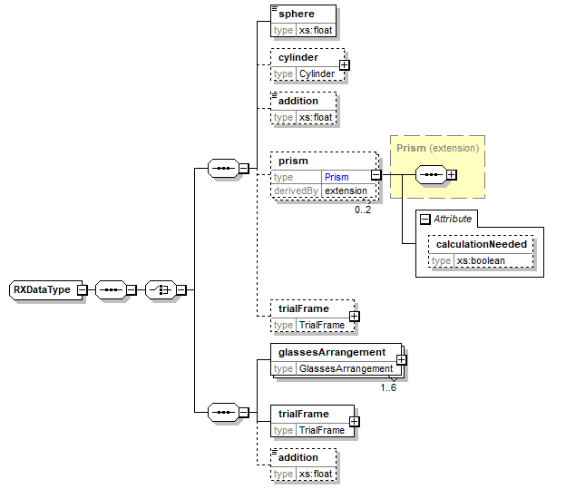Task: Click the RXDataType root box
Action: (x=42, y=289)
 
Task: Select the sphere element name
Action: (x=296, y=15)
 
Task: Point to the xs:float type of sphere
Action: (x=317, y=30)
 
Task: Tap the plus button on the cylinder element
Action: (x=345, y=64)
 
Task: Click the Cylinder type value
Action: (x=317, y=73)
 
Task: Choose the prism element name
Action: (x=294, y=161)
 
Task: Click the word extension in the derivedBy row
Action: (x=346, y=191)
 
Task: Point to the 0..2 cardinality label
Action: (x=363, y=210)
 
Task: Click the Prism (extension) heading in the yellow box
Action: (x=437, y=147)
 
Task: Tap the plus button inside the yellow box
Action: (x=451, y=174)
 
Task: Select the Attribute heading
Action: (x=454, y=219)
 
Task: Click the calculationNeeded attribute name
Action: (x=481, y=244)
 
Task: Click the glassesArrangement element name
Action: (x=332, y=352)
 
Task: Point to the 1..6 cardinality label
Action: (x=387, y=387)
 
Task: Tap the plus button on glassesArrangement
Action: (x=401, y=360)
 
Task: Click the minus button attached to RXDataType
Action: (x=82, y=289)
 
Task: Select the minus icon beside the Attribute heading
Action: (x=424, y=219)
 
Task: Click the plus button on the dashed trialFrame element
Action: (x=354, y=317)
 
